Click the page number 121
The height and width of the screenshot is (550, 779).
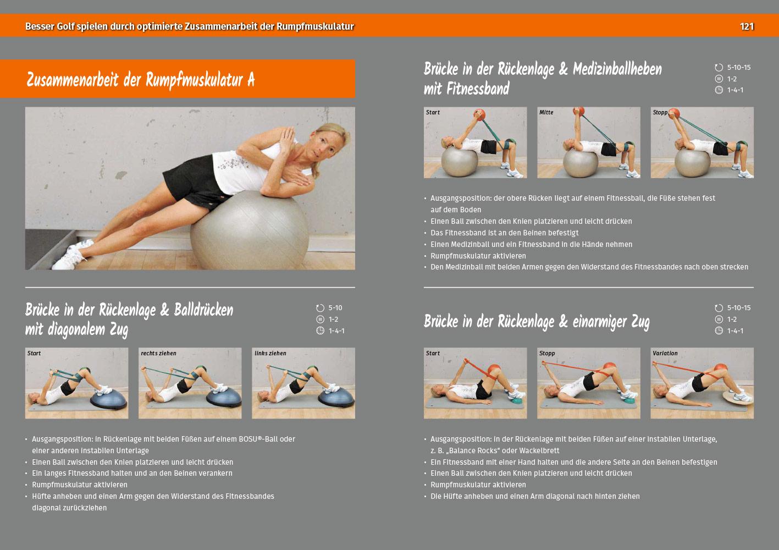point(747,26)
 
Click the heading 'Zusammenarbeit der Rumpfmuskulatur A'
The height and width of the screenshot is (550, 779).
point(141,80)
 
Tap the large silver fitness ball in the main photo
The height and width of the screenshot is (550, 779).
point(250,230)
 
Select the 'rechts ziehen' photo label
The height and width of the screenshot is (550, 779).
point(158,353)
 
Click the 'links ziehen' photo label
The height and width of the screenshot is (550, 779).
point(270,353)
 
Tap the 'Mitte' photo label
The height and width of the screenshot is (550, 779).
point(546,112)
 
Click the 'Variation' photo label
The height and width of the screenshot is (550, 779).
point(665,353)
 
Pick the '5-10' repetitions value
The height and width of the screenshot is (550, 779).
point(335,308)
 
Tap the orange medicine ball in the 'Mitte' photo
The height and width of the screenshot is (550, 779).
point(578,111)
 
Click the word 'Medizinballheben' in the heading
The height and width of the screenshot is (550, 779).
point(617,69)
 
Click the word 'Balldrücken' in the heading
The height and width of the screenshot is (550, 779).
point(203,310)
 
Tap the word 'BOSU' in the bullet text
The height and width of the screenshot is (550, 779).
point(248,439)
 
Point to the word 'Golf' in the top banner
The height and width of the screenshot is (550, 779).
point(65,26)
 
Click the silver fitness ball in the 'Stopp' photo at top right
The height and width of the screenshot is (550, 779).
point(692,163)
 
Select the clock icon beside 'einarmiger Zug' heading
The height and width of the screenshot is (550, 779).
point(719,331)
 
